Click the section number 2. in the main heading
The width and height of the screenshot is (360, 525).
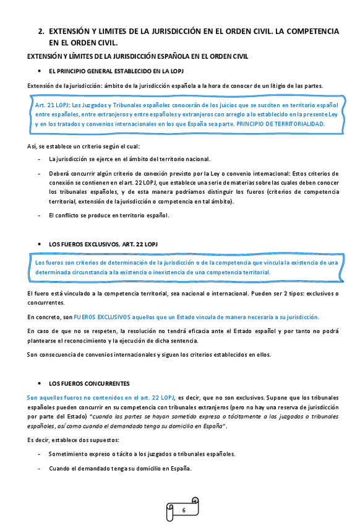(41, 30)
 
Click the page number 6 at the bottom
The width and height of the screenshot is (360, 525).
(184, 510)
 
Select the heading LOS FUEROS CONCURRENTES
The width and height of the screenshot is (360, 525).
(89, 384)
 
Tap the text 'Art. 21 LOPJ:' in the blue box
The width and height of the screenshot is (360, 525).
(53, 105)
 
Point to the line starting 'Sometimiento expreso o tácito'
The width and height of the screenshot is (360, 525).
(142, 454)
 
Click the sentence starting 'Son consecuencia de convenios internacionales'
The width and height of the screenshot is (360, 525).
(149, 355)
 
